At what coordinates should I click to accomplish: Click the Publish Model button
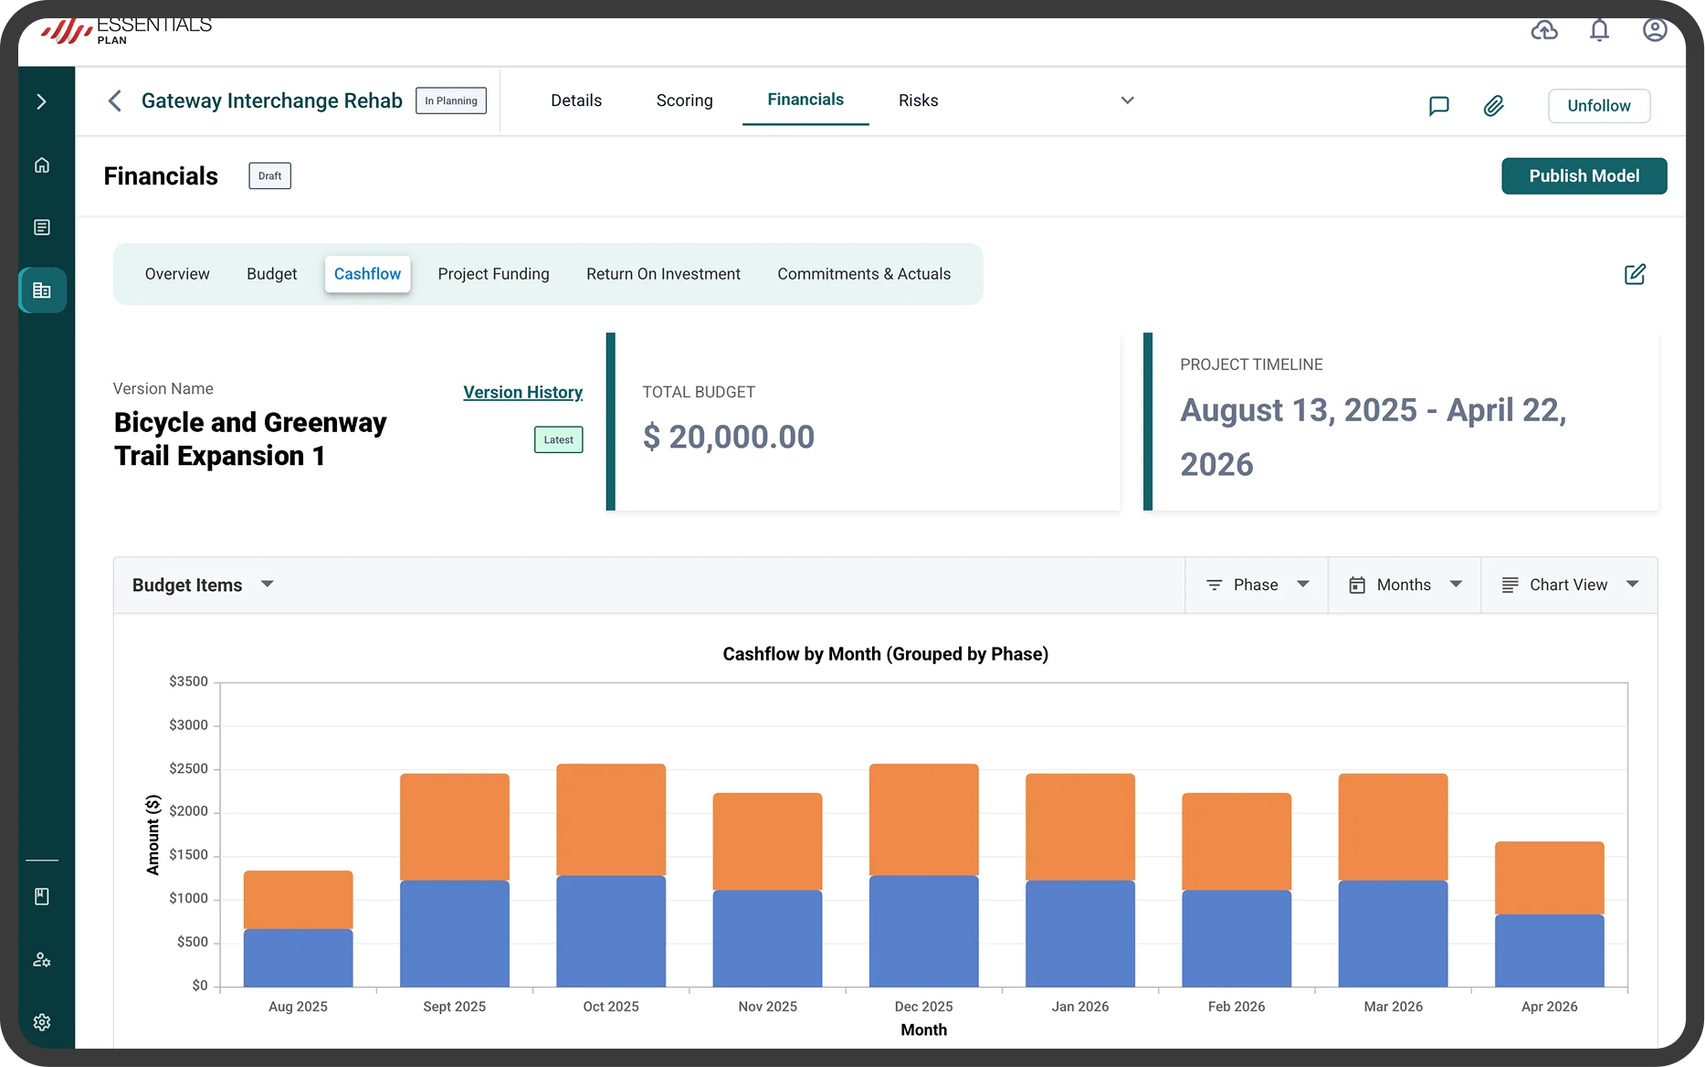1584,176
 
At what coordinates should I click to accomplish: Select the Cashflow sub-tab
367,274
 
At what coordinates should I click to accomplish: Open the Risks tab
918,100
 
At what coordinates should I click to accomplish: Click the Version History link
522,392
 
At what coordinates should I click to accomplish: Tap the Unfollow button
1598,106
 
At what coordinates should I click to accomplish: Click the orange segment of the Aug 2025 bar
298,900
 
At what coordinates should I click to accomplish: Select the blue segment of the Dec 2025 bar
923,931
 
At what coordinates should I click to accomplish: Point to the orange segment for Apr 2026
1549,878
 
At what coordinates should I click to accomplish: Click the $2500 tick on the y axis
188,768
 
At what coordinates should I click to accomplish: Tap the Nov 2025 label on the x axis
767,1006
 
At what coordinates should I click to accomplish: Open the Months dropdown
1405,585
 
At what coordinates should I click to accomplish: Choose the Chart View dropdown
1569,585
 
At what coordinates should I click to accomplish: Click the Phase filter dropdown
1257,585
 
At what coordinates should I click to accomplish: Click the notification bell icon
1599,31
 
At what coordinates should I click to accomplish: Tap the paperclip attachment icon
1493,106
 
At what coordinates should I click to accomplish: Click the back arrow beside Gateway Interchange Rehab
115,100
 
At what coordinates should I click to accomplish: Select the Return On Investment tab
663,274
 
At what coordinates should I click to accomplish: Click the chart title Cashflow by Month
885,654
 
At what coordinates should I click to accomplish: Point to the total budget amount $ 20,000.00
728,437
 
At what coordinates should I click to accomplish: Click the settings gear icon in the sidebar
42,1022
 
